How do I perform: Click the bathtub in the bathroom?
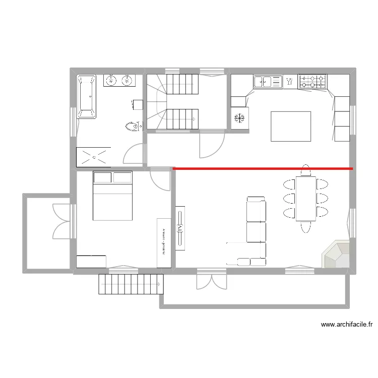[x=86, y=97]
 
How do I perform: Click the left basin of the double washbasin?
[x=111, y=80]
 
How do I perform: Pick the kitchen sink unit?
[x=268, y=81]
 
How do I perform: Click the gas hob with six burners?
[x=312, y=81]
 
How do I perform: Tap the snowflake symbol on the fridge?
[x=239, y=118]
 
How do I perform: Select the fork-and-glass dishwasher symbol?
[x=290, y=81]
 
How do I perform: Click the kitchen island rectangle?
[x=291, y=126]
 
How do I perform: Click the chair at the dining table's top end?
[x=305, y=169]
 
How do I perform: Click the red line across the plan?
[x=262, y=168]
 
